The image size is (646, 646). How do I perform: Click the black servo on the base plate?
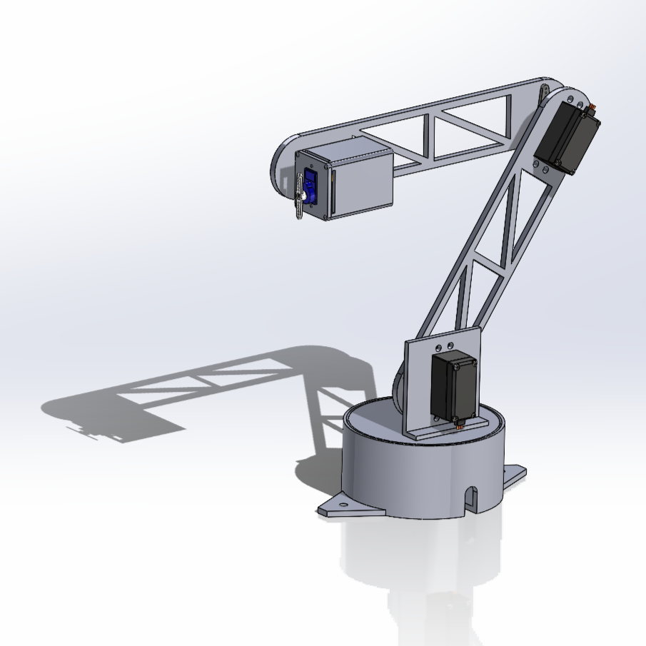(453, 387)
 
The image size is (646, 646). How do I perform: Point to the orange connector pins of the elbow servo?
(591, 108)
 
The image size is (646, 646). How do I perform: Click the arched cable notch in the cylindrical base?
(470, 498)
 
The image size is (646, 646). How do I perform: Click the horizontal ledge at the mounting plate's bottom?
(446, 429)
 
